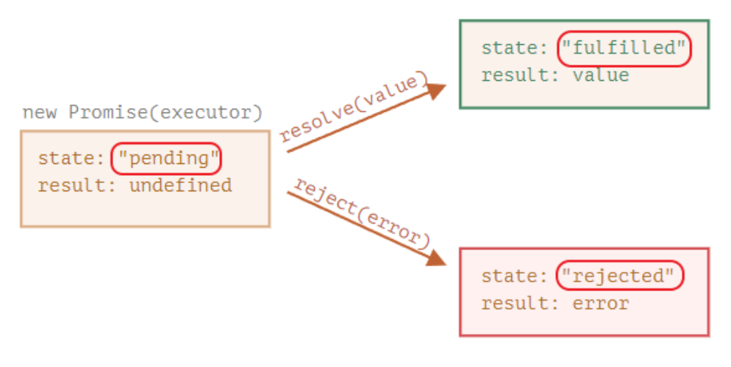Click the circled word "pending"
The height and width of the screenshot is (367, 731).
click(166, 158)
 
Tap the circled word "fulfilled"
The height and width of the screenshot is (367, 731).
click(624, 49)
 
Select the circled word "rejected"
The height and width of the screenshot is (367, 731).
click(618, 276)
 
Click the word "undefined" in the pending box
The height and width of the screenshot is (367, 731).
click(181, 185)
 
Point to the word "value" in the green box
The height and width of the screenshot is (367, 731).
click(601, 75)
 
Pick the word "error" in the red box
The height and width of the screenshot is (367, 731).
click(601, 302)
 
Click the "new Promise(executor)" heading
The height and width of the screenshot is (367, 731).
click(142, 113)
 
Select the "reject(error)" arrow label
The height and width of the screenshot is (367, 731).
click(360, 213)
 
